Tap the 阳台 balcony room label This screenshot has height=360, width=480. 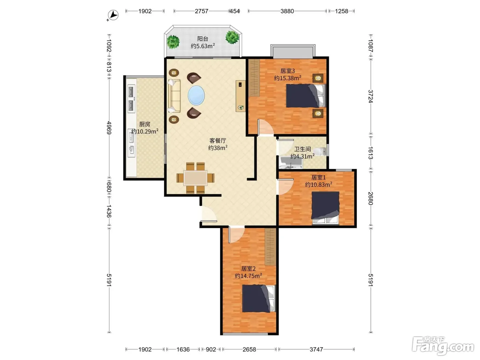pos(203,39)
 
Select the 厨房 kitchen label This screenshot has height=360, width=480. pos(145,124)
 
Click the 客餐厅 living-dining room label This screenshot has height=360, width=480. pos(218,140)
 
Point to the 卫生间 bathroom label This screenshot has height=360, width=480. pos(302,149)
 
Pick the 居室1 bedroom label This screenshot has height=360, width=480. pos(319,177)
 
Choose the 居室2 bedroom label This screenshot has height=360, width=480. pos(249,268)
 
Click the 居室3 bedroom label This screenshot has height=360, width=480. pos(288,71)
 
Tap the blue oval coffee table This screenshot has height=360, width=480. pos(196,96)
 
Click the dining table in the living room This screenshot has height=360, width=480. pos(195,178)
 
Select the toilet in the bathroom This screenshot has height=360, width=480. pos(320,151)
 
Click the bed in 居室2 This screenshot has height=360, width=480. pos(259,298)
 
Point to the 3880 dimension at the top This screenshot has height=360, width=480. pos(287,11)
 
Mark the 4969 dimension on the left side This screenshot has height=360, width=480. pos(109,128)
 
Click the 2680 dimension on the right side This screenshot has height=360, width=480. pos(370,199)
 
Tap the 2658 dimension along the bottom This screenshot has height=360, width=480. pos(249,349)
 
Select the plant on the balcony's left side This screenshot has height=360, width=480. pos(173,42)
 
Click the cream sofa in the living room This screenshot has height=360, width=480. pos(174,96)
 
